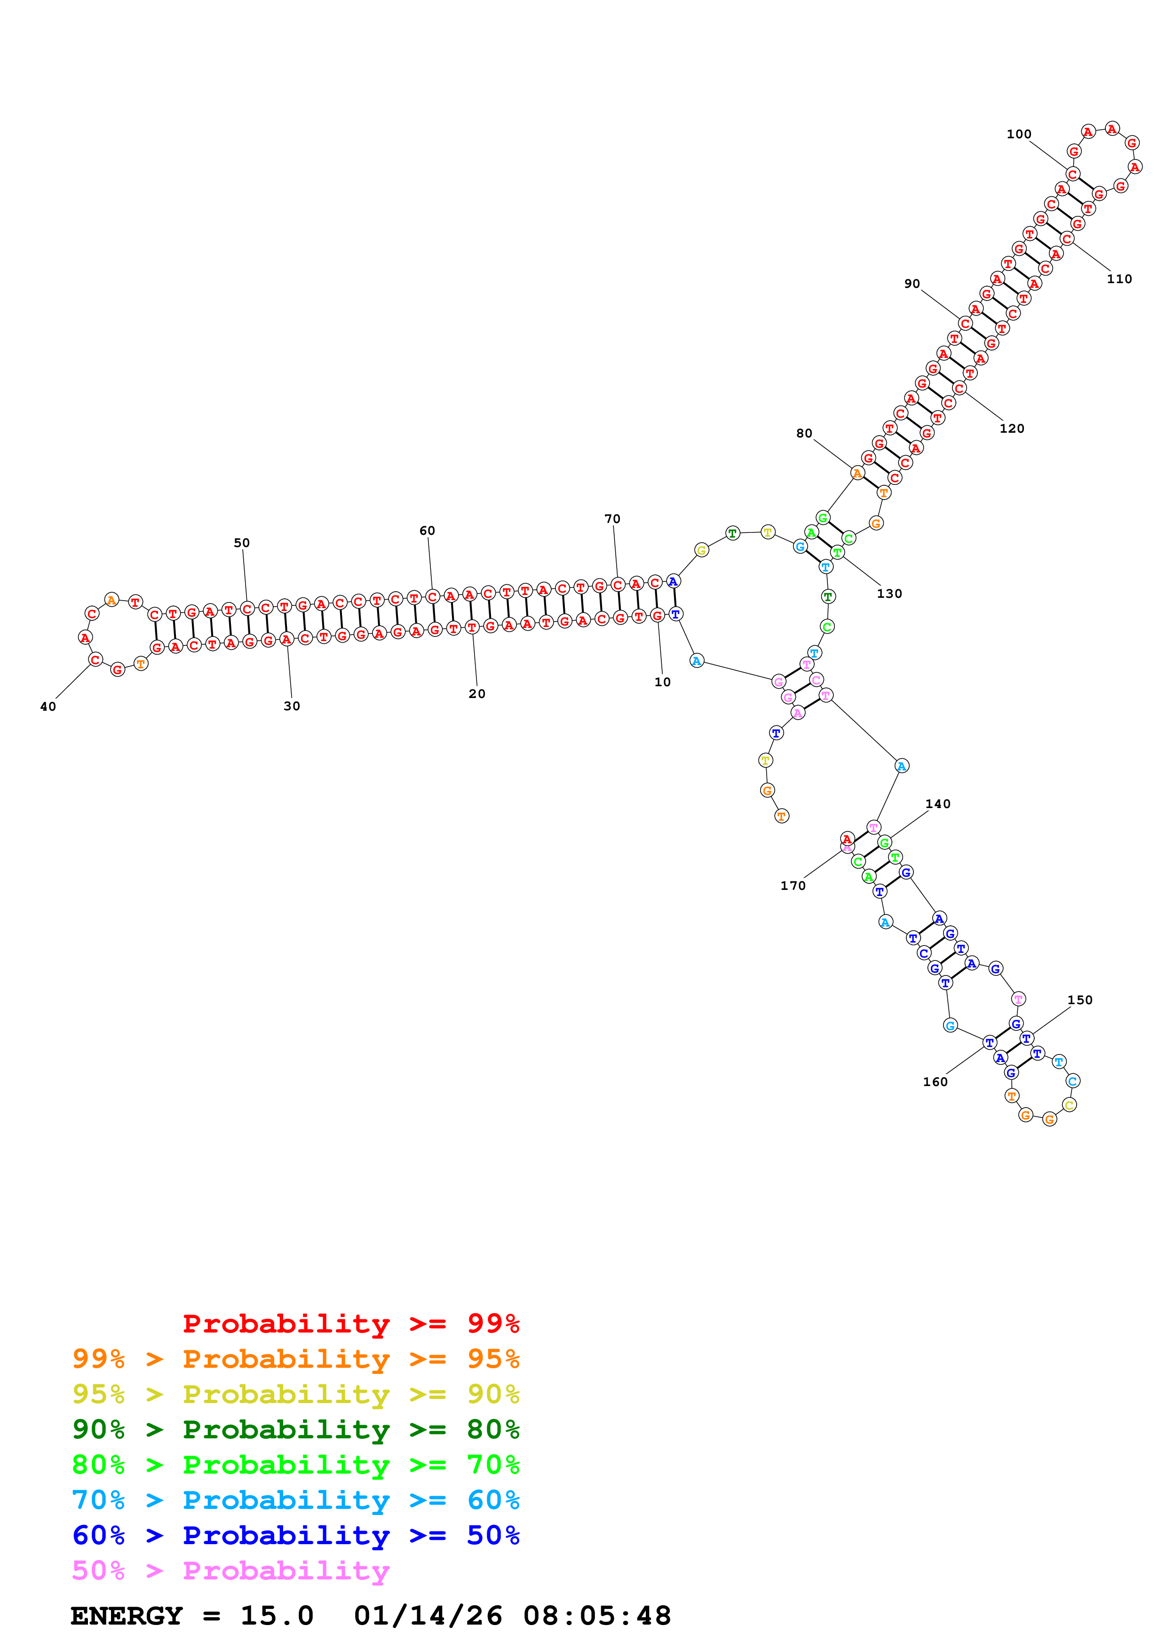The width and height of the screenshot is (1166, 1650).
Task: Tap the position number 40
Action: pyautogui.click(x=48, y=707)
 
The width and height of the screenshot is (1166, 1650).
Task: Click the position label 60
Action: pyautogui.click(x=428, y=531)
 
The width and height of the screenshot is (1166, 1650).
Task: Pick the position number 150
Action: pyautogui.click(x=1080, y=1000)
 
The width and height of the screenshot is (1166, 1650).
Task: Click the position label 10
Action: pyautogui.click(x=662, y=682)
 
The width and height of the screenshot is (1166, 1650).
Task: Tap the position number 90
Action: pyautogui.click(x=912, y=284)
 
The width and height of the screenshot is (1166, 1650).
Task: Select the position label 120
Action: pyautogui.click(x=1012, y=429)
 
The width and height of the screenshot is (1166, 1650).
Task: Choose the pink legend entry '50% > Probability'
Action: pyautogui.click(x=230, y=1571)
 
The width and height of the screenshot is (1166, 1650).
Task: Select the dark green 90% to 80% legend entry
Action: pyautogui.click(x=296, y=1429)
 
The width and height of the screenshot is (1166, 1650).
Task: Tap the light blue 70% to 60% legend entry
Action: pyautogui.click(x=296, y=1500)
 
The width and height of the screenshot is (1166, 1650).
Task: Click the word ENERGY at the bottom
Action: pyautogui.click(x=127, y=1616)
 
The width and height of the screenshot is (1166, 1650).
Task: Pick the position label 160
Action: pyautogui.click(x=936, y=1082)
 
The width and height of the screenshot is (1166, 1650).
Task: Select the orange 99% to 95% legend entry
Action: pyautogui.click(x=296, y=1359)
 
